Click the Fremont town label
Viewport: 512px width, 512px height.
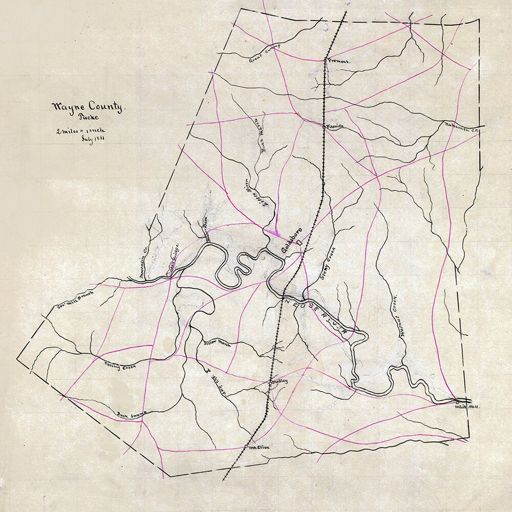[339, 61]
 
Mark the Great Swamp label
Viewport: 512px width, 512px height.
[266, 53]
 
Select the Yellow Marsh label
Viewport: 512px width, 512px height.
[218, 344]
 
